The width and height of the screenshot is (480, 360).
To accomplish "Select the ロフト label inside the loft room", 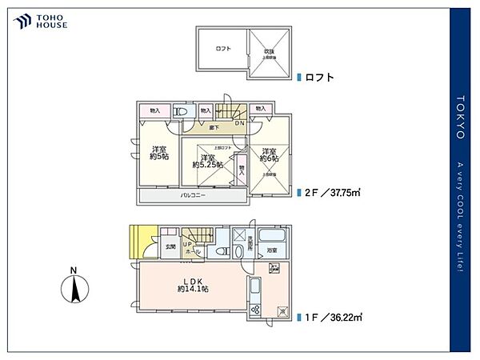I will coord(223,49).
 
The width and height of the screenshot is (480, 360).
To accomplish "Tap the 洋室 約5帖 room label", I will coord(159,153).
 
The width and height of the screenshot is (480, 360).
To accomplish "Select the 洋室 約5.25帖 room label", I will coord(206,161).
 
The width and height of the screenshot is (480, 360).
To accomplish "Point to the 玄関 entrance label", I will coord(170,247).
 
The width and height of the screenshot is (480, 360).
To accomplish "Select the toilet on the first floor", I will coord(240,250).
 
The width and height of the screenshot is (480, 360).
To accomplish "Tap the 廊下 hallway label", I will coord(214,127).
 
